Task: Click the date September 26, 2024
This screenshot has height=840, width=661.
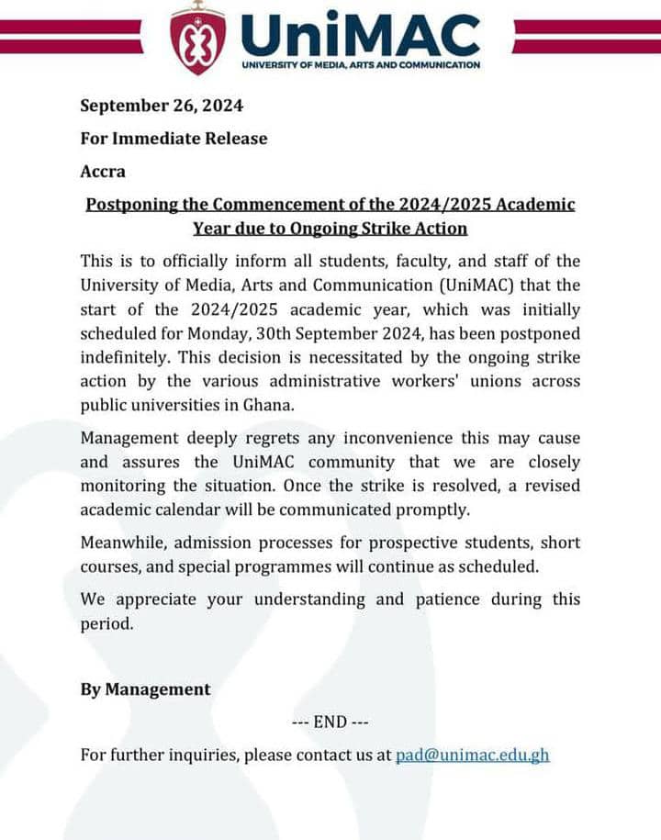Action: click(162, 105)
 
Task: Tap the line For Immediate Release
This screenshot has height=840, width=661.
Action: click(174, 139)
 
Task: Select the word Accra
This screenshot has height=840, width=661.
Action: click(103, 172)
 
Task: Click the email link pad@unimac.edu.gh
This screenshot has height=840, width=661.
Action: click(472, 756)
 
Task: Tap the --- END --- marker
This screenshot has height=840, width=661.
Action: click(330, 722)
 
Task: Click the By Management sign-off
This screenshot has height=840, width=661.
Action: click(145, 689)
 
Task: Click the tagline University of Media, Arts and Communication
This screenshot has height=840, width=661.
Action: click(360, 65)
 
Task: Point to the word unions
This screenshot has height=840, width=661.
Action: click(494, 380)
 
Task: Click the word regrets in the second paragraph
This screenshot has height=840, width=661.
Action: click(268, 438)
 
